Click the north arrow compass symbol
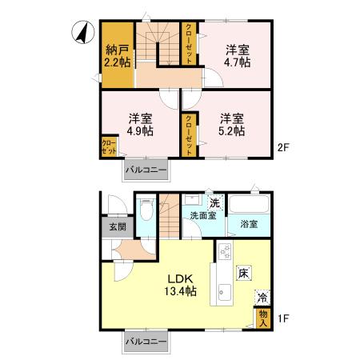click(x=83, y=32)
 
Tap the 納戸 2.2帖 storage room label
click(x=118, y=56)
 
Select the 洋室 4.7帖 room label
click(x=238, y=56)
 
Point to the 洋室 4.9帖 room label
click(x=140, y=125)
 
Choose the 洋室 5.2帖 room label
click(x=231, y=125)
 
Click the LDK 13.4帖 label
click(x=180, y=285)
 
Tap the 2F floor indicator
click(x=283, y=147)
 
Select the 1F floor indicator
click(x=283, y=318)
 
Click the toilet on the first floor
click(x=146, y=210)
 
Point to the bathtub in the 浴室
click(x=249, y=204)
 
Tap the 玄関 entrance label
click(x=118, y=227)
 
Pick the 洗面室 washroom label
click(x=203, y=215)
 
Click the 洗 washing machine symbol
click(x=215, y=203)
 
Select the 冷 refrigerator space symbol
click(x=262, y=298)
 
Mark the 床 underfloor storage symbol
click(x=243, y=273)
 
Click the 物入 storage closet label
click(x=263, y=318)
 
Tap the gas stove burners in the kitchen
click(x=225, y=251)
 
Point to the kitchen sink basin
click(x=225, y=292)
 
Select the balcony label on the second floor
click(x=146, y=170)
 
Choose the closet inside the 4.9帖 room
click(x=110, y=146)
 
